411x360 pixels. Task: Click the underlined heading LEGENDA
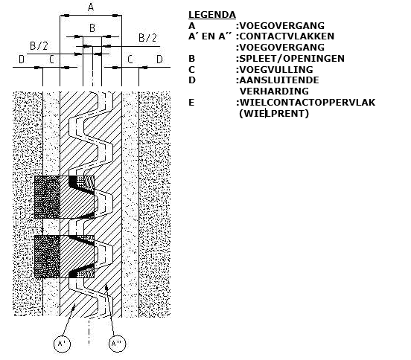pos(212,15)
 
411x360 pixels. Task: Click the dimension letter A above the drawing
pos(91,7)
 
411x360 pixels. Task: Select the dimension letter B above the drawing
pos(92,28)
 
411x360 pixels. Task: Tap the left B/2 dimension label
pos(39,46)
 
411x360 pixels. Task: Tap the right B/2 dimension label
pos(147,38)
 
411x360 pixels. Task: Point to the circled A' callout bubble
pos(62,344)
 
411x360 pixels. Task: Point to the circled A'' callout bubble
pos(117,344)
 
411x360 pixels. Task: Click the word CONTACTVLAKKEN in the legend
pos(287,36)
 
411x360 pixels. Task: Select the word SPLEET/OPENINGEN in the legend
pos(292,58)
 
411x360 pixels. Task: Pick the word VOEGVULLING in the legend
pos(276,70)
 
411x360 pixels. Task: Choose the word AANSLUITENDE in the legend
pos(279,80)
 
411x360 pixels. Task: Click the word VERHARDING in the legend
pos(274,91)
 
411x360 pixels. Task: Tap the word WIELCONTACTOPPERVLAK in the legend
pos(308,103)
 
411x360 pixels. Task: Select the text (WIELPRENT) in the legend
pos(274,114)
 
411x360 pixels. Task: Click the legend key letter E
pos(191,103)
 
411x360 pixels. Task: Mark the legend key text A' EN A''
pos(210,36)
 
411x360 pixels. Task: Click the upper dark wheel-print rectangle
pos(64,197)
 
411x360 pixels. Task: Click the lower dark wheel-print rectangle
pos(64,257)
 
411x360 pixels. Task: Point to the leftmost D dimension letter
pos(22,60)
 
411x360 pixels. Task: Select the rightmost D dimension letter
pos(159,60)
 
